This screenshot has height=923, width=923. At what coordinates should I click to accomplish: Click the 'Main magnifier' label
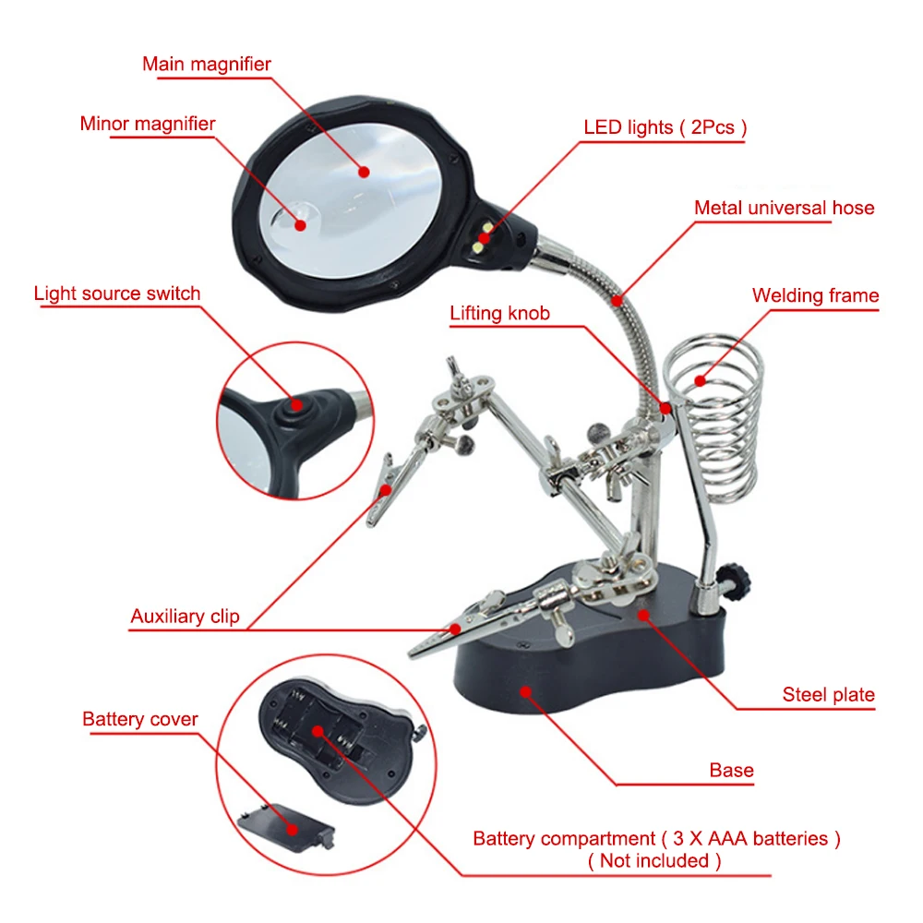click(207, 65)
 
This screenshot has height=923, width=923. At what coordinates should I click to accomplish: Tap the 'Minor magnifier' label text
click(148, 124)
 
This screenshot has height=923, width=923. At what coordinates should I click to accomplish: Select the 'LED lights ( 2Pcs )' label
click(665, 127)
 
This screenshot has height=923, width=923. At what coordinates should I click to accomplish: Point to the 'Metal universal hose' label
click(784, 208)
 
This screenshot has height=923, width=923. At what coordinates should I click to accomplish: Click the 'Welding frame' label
click(815, 296)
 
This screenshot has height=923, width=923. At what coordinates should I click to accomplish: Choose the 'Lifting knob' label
click(499, 313)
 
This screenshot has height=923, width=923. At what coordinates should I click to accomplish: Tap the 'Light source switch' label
click(117, 294)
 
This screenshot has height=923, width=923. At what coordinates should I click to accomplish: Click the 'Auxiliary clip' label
click(185, 617)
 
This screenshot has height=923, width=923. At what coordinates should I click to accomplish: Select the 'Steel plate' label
click(828, 695)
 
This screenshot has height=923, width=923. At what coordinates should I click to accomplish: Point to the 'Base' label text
click(731, 770)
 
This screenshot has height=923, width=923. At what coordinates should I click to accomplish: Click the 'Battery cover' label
click(140, 719)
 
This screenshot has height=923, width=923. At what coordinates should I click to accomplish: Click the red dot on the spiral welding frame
click(700, 379)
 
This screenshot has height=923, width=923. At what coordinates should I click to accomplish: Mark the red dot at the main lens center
click(364, 172)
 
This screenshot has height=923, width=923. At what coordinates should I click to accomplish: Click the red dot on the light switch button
click(295, 403)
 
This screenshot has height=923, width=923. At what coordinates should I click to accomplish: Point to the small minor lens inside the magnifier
click(297, 220)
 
